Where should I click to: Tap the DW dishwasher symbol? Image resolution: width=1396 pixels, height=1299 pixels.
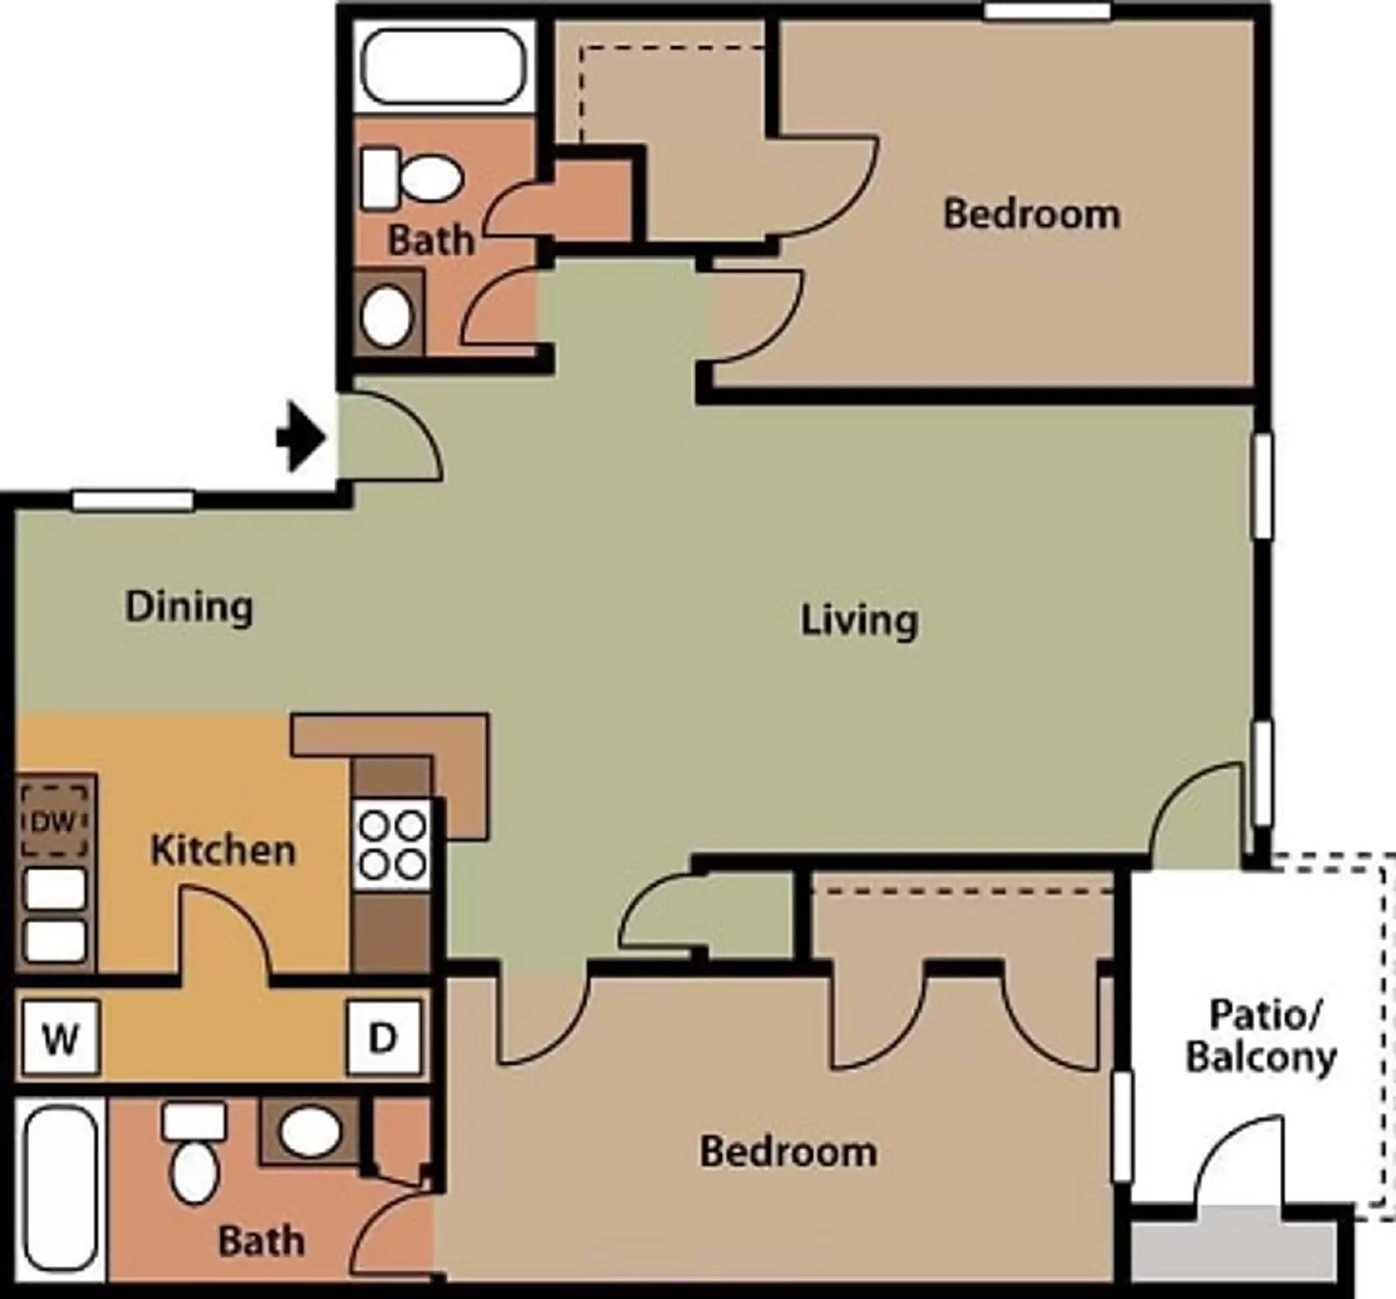[x=54, y=821]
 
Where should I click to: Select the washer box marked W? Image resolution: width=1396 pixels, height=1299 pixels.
[x=60, y=1038]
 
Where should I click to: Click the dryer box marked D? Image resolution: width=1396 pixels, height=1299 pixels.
[x=384, y=1037]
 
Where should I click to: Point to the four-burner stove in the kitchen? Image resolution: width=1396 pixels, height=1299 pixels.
[x=393, y=845]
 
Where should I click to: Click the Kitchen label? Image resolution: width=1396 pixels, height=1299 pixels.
[x=222, y=850]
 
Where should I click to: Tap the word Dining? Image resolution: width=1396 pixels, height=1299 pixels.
[x=189, y=607]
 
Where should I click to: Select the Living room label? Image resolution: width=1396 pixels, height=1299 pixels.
[x=859, y=621]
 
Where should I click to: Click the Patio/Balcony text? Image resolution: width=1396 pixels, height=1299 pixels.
[x=1262, y=1036]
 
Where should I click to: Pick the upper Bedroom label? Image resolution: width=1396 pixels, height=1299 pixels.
[x=1031, y=214]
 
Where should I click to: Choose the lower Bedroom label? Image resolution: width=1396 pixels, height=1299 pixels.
[x=788, y=1151]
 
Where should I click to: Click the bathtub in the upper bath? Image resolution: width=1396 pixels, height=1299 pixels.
[x=443, y=66]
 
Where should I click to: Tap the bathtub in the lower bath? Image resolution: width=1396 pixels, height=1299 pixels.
[x=60, y=1187]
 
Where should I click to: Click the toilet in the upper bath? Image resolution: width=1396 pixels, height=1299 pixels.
[x=410, y=178]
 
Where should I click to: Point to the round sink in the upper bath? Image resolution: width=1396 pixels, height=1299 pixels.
[x=387, y=315]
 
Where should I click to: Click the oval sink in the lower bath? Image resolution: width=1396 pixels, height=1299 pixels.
[x=310, y=1131]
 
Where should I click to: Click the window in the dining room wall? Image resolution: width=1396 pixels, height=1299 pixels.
[x=133, y=500]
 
